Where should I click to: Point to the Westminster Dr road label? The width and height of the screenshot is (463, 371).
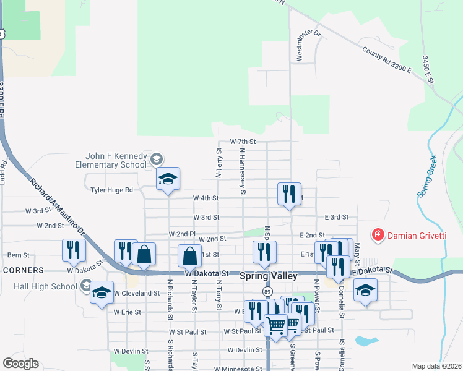pyautogui.click(x=308, y=46)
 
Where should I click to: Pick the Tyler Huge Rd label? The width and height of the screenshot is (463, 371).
pyautogui.click(x=111, y=190)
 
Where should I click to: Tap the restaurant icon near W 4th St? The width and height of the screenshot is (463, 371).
pyautogui.click(x=290, y=194)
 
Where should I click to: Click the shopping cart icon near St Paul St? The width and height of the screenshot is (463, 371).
pyautogui.click(x=275, y=323)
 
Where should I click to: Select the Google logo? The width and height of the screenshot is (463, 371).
pyautogui.click(x=20, y=363)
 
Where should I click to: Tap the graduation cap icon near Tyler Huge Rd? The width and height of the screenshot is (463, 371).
pyautogui.click(x=167, y=179)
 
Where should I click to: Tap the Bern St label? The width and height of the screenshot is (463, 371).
pyautogui.click(x=18, y=255)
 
